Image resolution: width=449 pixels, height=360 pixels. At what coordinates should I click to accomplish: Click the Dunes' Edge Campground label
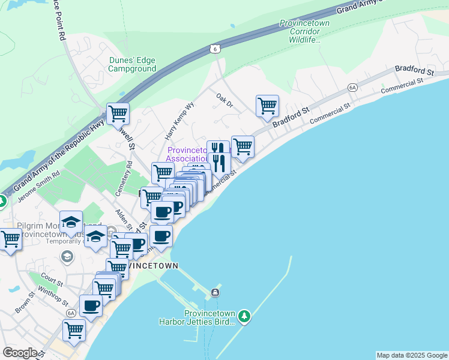pos(132,64)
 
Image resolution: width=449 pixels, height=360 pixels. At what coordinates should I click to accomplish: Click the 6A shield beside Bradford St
pos(352,88)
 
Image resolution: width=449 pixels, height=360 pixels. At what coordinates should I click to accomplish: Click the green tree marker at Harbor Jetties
pos(244,315)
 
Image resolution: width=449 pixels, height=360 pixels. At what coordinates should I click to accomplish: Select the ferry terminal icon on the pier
pos(215,293)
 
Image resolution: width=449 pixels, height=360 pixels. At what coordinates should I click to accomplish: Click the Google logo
pos(20,353)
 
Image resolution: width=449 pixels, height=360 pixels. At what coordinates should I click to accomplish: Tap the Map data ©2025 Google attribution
pos(411,355)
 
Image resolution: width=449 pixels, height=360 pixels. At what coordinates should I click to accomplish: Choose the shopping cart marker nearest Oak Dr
pos(267,106)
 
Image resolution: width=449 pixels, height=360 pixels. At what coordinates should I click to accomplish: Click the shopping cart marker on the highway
pos(118,113)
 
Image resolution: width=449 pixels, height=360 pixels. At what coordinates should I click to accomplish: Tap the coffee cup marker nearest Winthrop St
pos(91,306)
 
